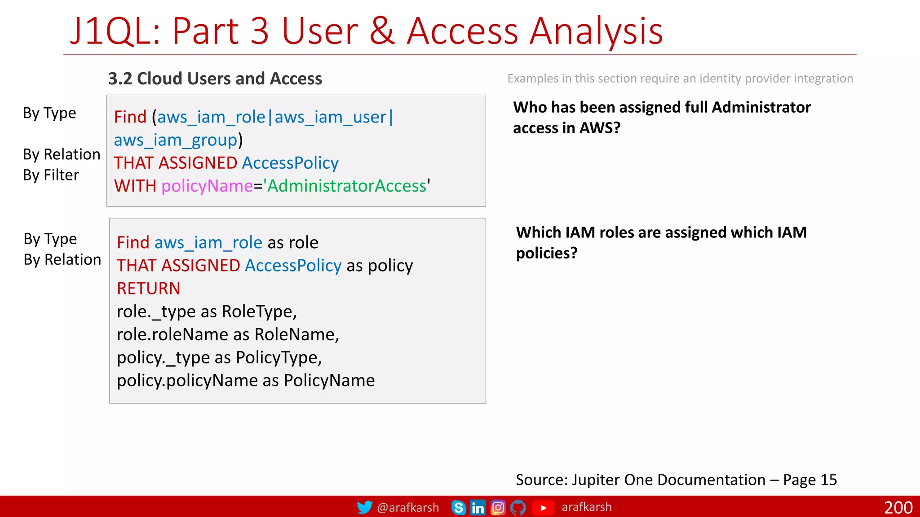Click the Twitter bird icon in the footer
click(x=364, y=507)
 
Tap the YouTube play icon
click(x=543, y=508)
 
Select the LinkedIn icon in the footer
click(x=478, y=508)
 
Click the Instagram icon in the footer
click(x=498, y=508)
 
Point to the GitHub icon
click(x=518, y=508)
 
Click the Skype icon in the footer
click(x=458, y=508)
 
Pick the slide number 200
click(x=898, y=508)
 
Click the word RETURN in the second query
click(x=148, y=289)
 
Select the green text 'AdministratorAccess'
click(x=347, y=186)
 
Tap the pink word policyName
click(x=207, y=186)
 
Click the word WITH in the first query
click(x=135, y=186)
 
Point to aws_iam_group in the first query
click(x=175, y=140)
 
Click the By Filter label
click(x=51, y=175)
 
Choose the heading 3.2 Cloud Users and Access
click(x=215, y=79)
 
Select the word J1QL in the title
click(x=115, y=31)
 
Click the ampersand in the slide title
click(x=382, y=31)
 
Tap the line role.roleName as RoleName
click(x=228, y=334)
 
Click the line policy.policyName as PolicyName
click(x=246, y=381)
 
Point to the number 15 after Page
click(x=829, y=480)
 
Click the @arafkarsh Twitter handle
click(x=408, y=508)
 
